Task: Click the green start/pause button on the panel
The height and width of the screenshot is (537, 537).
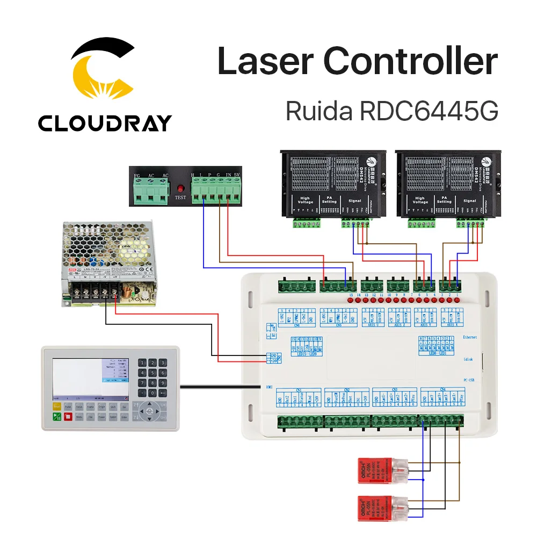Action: (56, 417)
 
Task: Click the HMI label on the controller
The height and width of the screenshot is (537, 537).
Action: (270, 386)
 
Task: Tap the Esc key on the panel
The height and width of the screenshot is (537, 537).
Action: (125, 408)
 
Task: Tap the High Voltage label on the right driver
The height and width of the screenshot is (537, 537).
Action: (419, 201)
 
